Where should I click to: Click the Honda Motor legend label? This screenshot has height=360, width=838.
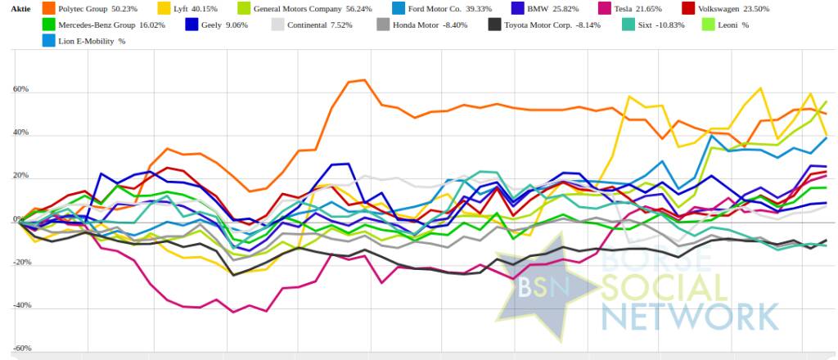(x=424, y=25)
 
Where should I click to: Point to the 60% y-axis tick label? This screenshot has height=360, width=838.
(x=20, y=89)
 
